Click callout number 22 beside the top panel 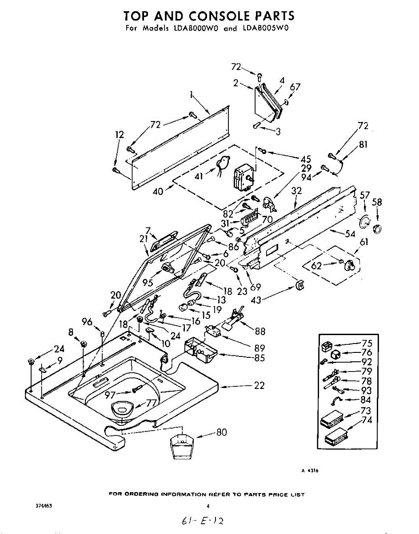click(259, 385)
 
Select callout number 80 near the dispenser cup click(221, 432)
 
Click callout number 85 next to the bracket click(259, 357)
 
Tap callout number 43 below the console click(256, 300)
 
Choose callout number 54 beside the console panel click(351, 234)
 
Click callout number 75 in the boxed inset click(367, 343)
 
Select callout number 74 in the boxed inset click(367, 420)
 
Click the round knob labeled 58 click(377, 229)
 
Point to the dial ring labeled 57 click(364, 221)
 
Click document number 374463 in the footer click(44, 506)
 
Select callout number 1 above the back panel click(191, 95)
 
